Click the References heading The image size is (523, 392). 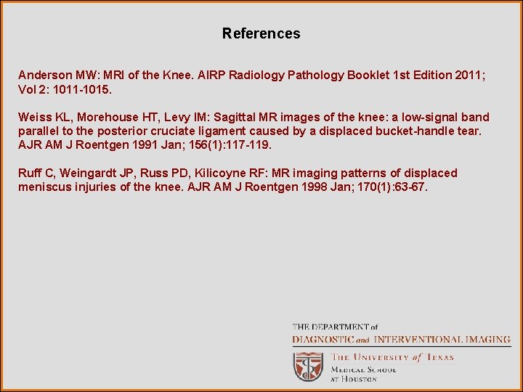(261, 33)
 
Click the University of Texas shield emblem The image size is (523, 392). (308, 365)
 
